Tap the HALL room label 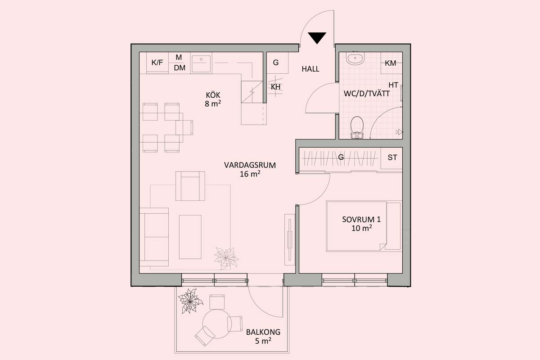click(x=310, y=69)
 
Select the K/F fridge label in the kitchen click(x=157, y=63)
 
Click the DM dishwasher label click(x=180, y=68)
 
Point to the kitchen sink click(x=201, y=63)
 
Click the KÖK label click(x=213, y=95)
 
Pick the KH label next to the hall click(x=275, y=87)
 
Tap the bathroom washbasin click(x=355, y=58)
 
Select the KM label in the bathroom click(x=390, y=63)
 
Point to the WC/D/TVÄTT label click(x=367, y=94)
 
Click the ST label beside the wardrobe click(x=392, y=157)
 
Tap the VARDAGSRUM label click(x=250, y=165)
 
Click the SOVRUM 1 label click(x=361, y=220)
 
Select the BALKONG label click(x=263, y=332)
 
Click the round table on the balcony click(x=217, y=324)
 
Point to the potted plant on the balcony click(x=190, y=301)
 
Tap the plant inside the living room click(x=226, y=258)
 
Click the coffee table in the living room click(x=190, y=237)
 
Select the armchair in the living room click(x=190, y=186)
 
